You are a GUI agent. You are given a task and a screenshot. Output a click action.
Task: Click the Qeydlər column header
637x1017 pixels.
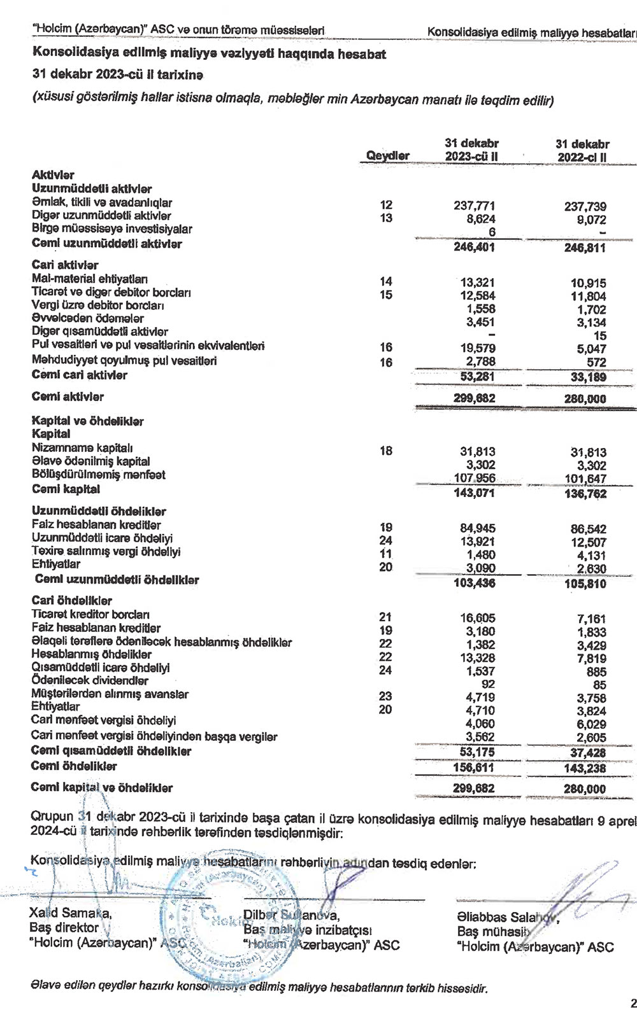click(388, 156)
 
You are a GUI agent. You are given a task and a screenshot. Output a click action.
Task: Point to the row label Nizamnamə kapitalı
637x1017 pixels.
click(82, 448)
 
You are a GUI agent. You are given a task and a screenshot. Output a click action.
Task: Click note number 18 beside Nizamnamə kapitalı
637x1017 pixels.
click(385, 451)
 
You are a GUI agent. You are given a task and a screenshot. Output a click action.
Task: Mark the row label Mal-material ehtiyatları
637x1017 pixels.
click(90, 279)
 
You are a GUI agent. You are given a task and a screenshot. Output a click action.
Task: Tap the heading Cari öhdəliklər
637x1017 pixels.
click(71, 601)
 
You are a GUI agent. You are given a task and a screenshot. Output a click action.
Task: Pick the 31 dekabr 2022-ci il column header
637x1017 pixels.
click(582, 150)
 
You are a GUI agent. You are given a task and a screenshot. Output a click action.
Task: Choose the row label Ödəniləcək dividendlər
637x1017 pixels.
click(89, 680)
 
